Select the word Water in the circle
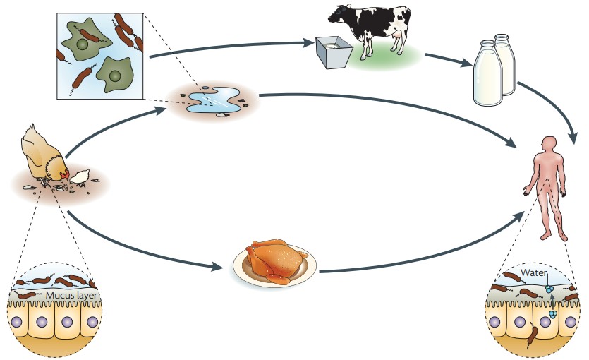(534, 272)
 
